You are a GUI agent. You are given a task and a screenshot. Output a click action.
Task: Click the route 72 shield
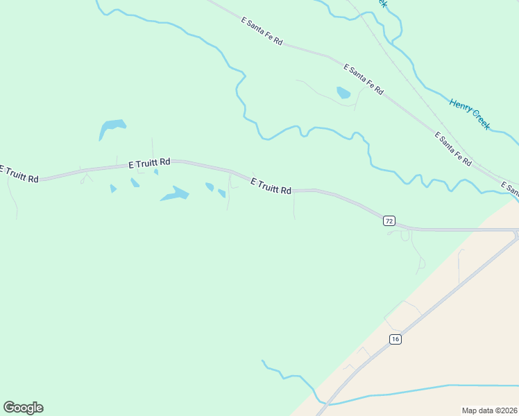(389, 220)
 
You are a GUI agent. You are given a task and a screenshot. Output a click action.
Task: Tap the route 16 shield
(395, 339)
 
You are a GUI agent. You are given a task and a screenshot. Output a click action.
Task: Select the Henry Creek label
(470, 114)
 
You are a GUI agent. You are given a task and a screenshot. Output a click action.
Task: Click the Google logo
(23, 408)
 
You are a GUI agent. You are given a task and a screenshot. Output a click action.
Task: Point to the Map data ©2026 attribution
(489, 410)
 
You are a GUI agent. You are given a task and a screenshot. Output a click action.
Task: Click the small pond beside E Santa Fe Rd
(343, 92)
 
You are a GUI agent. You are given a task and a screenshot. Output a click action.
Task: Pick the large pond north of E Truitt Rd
(112, 128)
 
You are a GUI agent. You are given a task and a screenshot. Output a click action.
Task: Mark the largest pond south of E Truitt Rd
(176, 193)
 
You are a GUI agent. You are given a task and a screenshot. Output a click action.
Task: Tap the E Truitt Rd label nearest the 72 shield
(271, 185)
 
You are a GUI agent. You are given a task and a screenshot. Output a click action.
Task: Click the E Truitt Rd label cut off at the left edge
(18, 173)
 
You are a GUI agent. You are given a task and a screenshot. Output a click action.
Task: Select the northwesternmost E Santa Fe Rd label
(262, 32)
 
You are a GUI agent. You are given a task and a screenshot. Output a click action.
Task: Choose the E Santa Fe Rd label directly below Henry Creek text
(454, 148)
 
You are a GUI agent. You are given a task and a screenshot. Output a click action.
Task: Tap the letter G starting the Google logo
(9, 407)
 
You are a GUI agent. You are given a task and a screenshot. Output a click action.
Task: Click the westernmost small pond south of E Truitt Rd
(113, 188)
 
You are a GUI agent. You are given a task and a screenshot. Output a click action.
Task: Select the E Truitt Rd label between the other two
(149, 163)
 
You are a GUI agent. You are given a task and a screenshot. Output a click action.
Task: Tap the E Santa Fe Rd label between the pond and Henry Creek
(364, 78)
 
